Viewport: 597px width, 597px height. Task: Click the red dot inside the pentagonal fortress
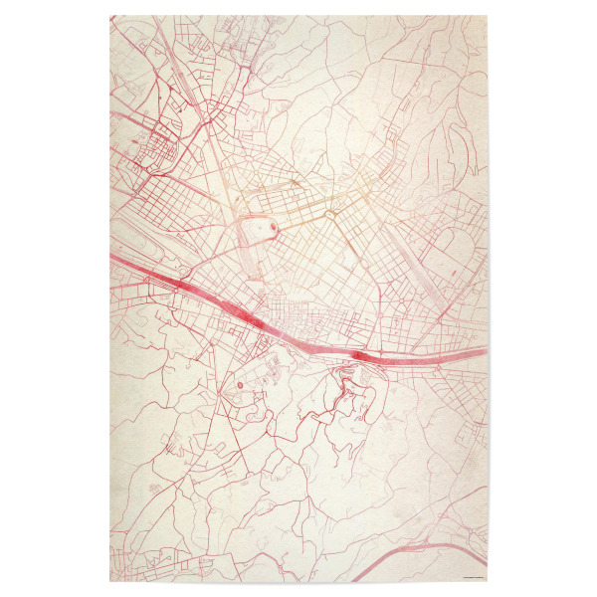[x=274, y=228]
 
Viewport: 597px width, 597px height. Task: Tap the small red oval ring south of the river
[x=239, y=380]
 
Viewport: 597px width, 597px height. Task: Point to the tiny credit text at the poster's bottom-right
[x=468, y=575]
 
